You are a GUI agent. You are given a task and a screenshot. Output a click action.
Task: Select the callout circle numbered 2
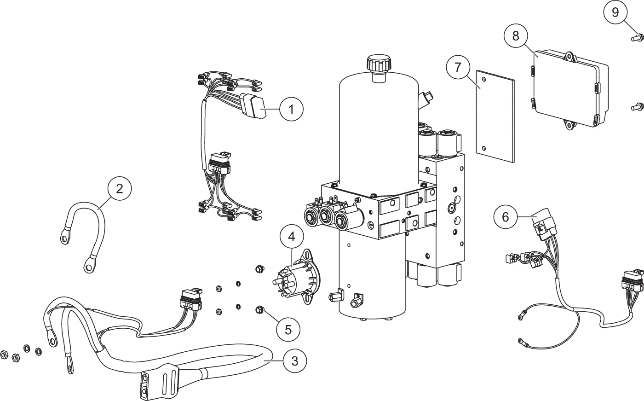120,189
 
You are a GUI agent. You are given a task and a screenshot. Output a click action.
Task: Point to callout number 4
291,237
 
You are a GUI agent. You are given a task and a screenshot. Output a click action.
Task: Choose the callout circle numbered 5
288,329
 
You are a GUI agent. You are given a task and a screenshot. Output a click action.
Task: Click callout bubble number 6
506,216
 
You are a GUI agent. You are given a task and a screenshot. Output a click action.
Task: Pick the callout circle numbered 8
516,36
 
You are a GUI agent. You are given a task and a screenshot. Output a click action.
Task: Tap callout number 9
615,12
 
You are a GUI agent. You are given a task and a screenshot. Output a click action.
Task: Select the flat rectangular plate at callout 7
495,116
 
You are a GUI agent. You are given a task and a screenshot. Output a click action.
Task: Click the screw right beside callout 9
637,36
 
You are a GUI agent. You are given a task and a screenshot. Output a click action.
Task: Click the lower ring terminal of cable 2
87,265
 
